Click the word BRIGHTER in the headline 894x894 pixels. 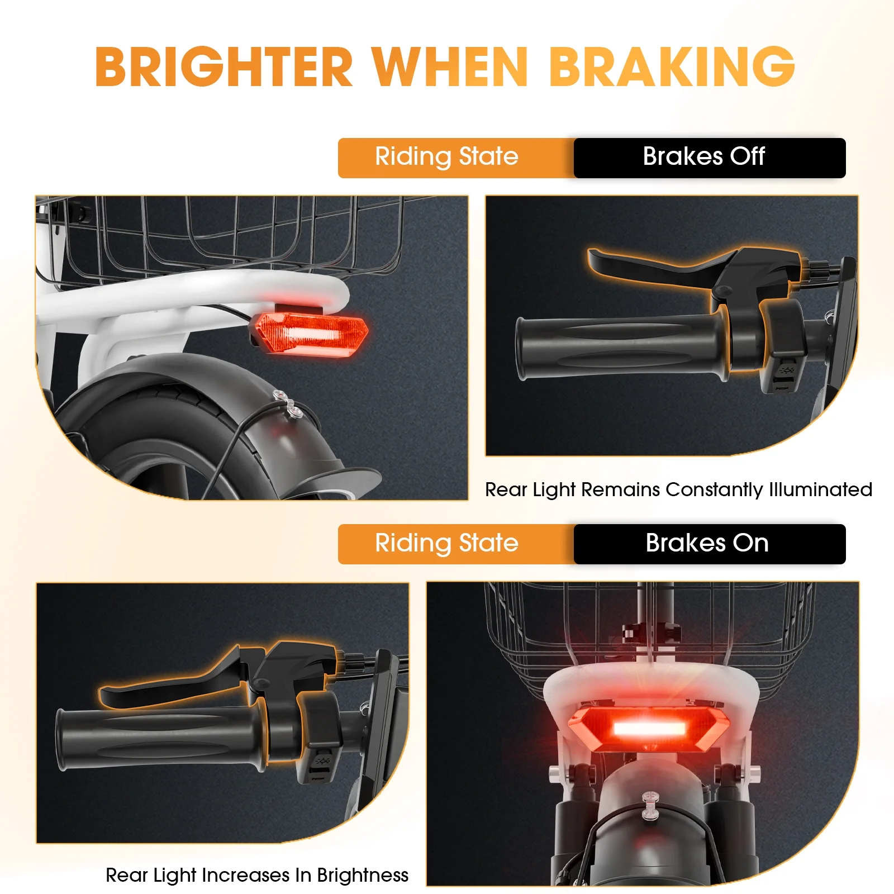(x=224, y=66)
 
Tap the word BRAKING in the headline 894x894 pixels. (x=672, y=66)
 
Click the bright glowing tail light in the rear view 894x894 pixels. (x=650, y=729)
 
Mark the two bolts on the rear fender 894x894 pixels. (x=286, y=405)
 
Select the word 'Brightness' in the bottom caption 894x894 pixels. (x=363, y=876)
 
